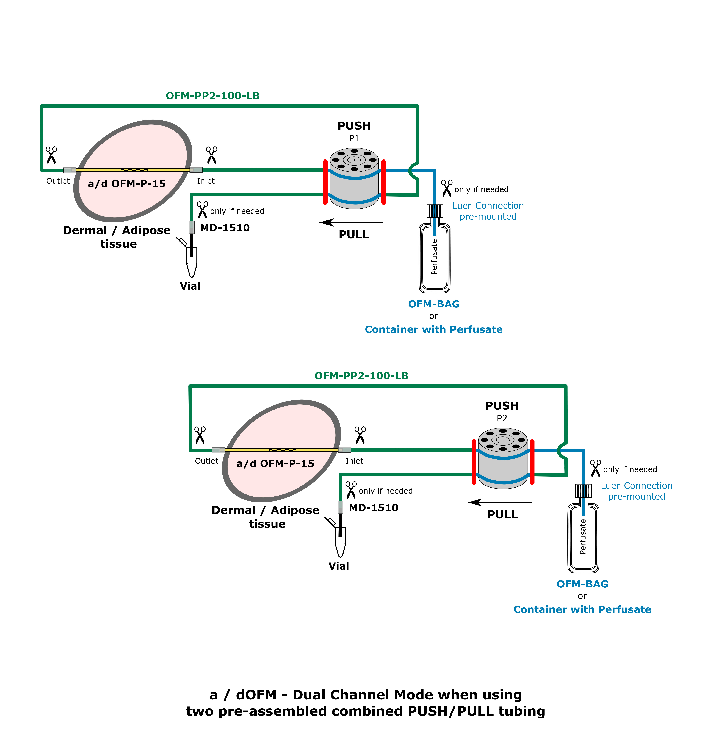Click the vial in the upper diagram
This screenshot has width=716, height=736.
[x=192, y=261]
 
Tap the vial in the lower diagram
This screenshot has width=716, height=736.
[x=340, y=541]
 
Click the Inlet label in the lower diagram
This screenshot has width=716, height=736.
[x=354, y=461]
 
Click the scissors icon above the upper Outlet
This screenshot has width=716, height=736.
[x=51, y=155]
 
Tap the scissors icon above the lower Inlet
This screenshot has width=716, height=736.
[x=360, y=435]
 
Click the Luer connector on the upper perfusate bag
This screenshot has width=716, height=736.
[x=435, y=211]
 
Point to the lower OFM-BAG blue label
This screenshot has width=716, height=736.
[x=582, y=584]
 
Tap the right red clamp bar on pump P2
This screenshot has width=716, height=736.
[x=532, y=462]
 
